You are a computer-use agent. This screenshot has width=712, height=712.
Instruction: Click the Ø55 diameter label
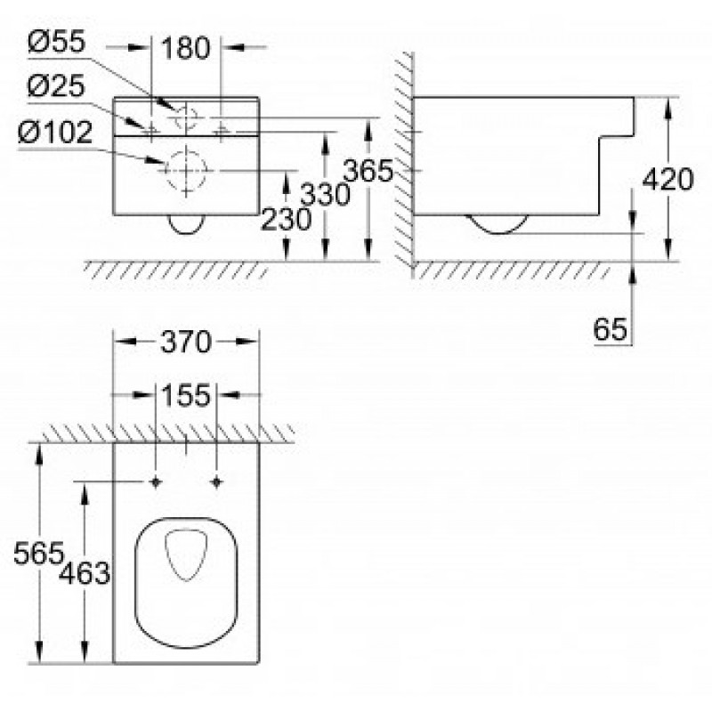[x=56, y=42]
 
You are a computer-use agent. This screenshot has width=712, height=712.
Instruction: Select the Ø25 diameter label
[x=56, y=85]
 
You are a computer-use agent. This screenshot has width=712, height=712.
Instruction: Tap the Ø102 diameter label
[x=55, y=133]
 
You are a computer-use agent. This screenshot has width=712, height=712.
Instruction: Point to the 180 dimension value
[x=186, y=48]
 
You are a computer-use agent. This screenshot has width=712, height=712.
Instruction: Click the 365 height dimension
[x=368, y=171]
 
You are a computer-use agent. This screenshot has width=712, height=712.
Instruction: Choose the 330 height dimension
[x=325, y=194]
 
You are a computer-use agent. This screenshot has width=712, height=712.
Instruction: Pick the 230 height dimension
[x=286, y=219]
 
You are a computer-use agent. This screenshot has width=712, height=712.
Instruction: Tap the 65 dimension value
[x=611, y=329]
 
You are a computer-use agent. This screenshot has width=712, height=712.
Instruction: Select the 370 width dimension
[x=186, y=342]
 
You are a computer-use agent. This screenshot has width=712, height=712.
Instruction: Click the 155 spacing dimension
[x=186, y=395]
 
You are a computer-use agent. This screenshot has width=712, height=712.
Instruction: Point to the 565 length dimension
[x=39, y=553]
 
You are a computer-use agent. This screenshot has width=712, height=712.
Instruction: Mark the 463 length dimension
[x=85, y=573]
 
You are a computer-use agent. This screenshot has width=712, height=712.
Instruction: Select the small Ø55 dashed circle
[x=186, y=106]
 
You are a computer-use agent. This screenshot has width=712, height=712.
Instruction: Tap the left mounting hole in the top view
[x=156, y=482]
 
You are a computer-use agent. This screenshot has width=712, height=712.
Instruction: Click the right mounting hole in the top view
[x=216, y=482]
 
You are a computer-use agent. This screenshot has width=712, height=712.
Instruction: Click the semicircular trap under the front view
[x=187, y=233]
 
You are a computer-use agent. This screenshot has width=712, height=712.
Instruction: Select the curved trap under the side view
[x=498, y=233]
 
